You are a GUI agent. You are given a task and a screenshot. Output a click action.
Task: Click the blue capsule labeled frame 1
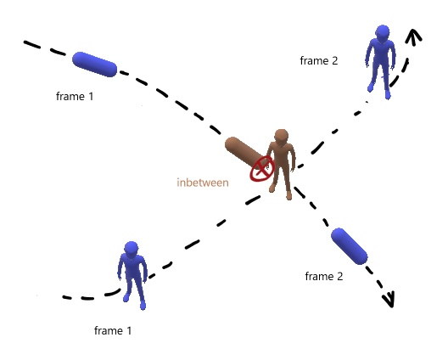94,65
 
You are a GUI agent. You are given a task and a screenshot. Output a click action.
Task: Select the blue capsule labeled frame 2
350,246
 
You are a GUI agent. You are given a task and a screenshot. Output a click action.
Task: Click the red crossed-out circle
262,168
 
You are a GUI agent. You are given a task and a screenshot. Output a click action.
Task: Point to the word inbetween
203,183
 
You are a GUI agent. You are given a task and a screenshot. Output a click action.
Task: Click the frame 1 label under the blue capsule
75,96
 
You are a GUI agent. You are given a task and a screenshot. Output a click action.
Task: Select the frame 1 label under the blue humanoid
113,330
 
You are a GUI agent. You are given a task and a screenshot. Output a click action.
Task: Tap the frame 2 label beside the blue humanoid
319,60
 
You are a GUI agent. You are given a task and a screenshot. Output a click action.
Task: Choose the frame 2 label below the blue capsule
324,276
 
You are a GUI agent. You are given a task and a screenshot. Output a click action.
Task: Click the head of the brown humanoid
282,136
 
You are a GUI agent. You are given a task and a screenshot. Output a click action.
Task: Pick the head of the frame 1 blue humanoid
132,248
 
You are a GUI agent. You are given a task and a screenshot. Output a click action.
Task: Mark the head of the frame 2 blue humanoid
383,32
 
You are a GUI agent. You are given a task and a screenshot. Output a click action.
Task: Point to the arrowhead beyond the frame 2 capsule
389,300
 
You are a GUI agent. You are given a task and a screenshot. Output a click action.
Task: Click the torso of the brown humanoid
281,156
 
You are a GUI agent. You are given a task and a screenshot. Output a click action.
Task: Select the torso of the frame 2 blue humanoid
382,53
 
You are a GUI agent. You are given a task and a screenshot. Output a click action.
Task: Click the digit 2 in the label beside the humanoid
334,60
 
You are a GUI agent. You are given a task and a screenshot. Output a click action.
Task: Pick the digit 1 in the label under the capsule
91,96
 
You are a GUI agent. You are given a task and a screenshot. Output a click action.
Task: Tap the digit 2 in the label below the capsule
339,276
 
